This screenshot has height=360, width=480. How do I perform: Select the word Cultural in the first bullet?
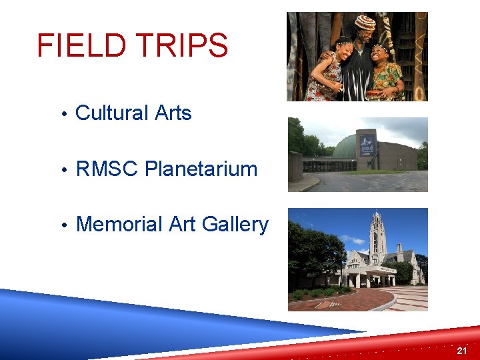click(x=112, y=113)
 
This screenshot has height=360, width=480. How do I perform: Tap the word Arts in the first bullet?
click(x=173, y=113)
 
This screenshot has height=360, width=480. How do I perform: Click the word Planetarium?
click(x=201, y=169)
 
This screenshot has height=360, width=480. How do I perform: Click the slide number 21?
click(x=462, y=351)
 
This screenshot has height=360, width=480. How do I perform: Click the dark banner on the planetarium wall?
click(x=367, y=145)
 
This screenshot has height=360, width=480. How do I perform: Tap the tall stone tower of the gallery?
click(x=378, y=237)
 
